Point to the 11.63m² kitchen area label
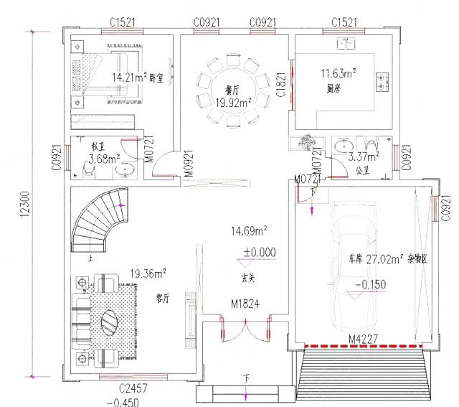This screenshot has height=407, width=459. pyautogui.click(x=339, y=73)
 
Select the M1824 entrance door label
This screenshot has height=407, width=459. pyautogui.click(x=245, y=305)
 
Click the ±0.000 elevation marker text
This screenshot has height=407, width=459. pyautogui.click(x=259, y=252)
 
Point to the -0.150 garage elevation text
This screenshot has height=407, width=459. pyautogui.click(x=369, y=284)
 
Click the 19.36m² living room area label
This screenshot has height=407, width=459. pyautogui.click(x=148, y=273)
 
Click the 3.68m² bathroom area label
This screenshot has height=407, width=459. pyautogui.click(x=104, y=159)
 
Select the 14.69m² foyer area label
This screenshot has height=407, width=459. pyautogui.click(x=249, y=231)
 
